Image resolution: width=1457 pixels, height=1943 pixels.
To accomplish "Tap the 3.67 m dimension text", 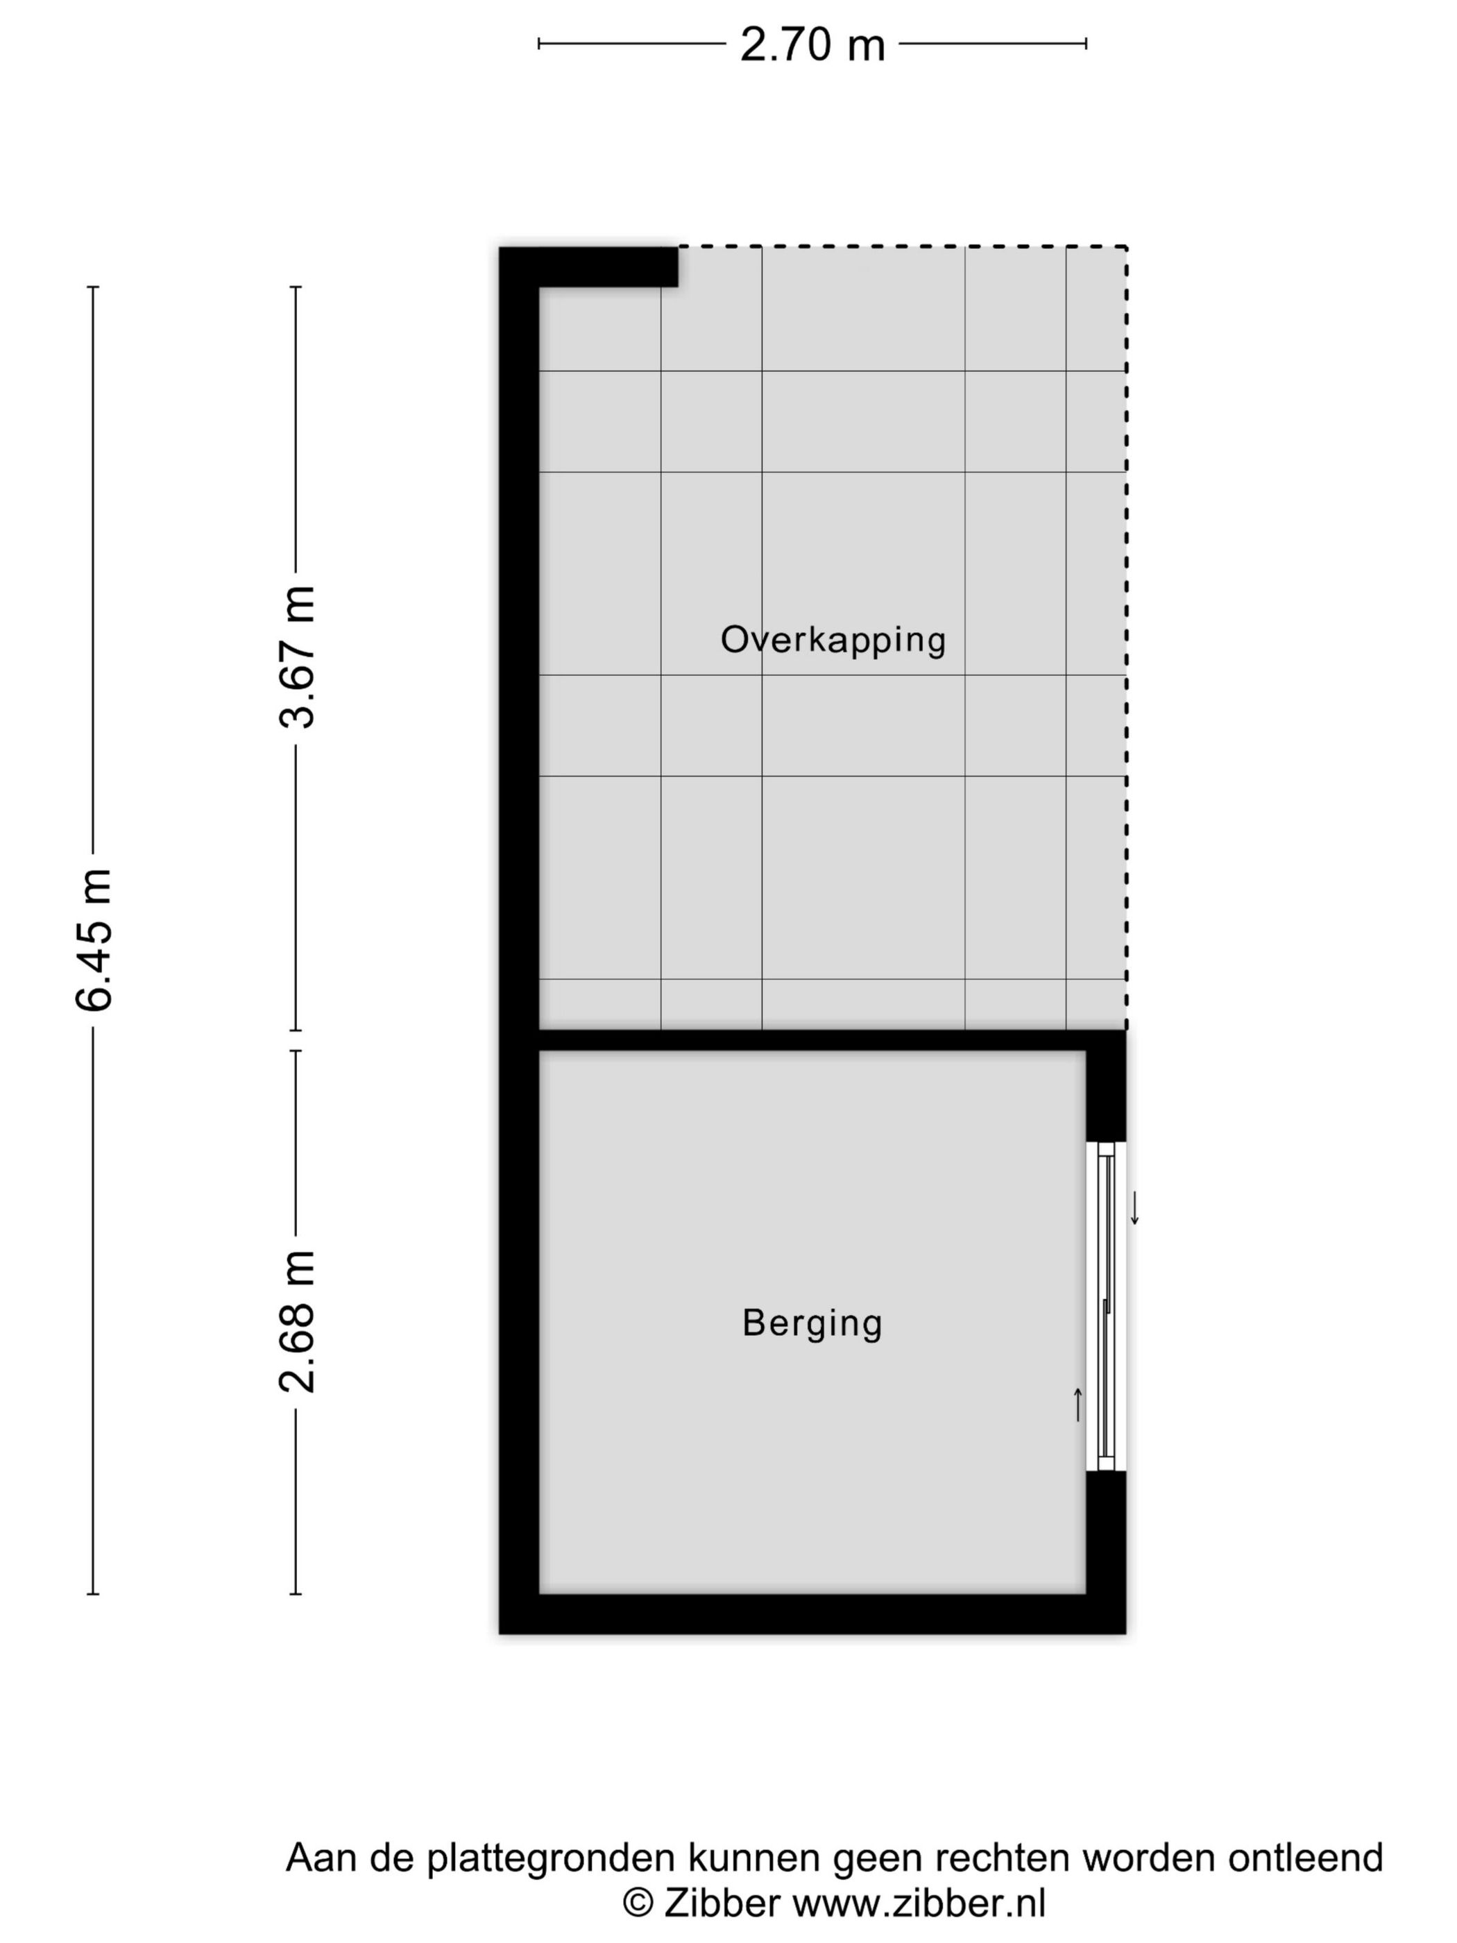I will (296, 657).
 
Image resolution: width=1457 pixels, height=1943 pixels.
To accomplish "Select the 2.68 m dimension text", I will (296, 1322).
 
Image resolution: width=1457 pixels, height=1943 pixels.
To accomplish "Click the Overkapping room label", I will (833, 640).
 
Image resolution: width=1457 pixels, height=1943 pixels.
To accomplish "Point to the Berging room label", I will (812, 1323).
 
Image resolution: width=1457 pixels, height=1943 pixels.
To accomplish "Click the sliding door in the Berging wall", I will (1106, 1306).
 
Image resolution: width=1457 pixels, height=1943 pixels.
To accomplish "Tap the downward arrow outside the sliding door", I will (1134, 1209).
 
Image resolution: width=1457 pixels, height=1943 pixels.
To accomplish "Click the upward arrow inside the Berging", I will (1077, 1404).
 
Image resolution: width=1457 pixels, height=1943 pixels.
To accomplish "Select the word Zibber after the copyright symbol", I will (722, 1904).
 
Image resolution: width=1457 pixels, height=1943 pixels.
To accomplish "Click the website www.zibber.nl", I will (919, 1904).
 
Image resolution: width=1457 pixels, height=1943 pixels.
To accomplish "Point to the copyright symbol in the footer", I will (638, 1904).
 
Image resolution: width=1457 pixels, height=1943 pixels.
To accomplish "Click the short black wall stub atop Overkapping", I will (606, 266).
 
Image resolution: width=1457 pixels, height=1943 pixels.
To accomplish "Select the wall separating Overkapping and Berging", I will (812, 1040).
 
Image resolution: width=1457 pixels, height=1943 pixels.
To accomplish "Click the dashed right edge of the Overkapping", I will (1127, 632).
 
